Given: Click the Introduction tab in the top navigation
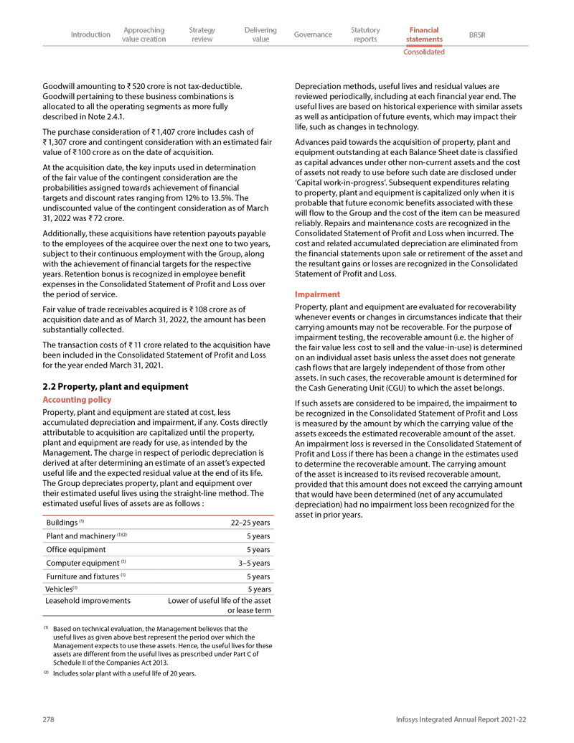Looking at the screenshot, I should [x=90, y=34].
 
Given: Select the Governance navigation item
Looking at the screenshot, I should [x=313, y=34].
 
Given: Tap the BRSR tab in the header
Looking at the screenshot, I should [x=476, y=34].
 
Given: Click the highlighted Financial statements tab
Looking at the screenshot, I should [x=424, y=34].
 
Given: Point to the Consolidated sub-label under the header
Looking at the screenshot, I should [x=424, y=52].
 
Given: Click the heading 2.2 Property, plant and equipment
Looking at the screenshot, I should [x=116, y=386].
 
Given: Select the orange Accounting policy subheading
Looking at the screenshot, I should [x=77, y=399].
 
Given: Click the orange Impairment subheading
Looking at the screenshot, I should [x=316, y=294].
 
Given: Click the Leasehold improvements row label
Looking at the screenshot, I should [x=88, y=600].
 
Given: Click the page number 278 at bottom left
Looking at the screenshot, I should [x=50, y=719].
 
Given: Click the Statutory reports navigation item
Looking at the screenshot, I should [x=365, y=34].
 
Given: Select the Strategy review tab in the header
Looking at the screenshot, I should [x=202, y=34].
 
